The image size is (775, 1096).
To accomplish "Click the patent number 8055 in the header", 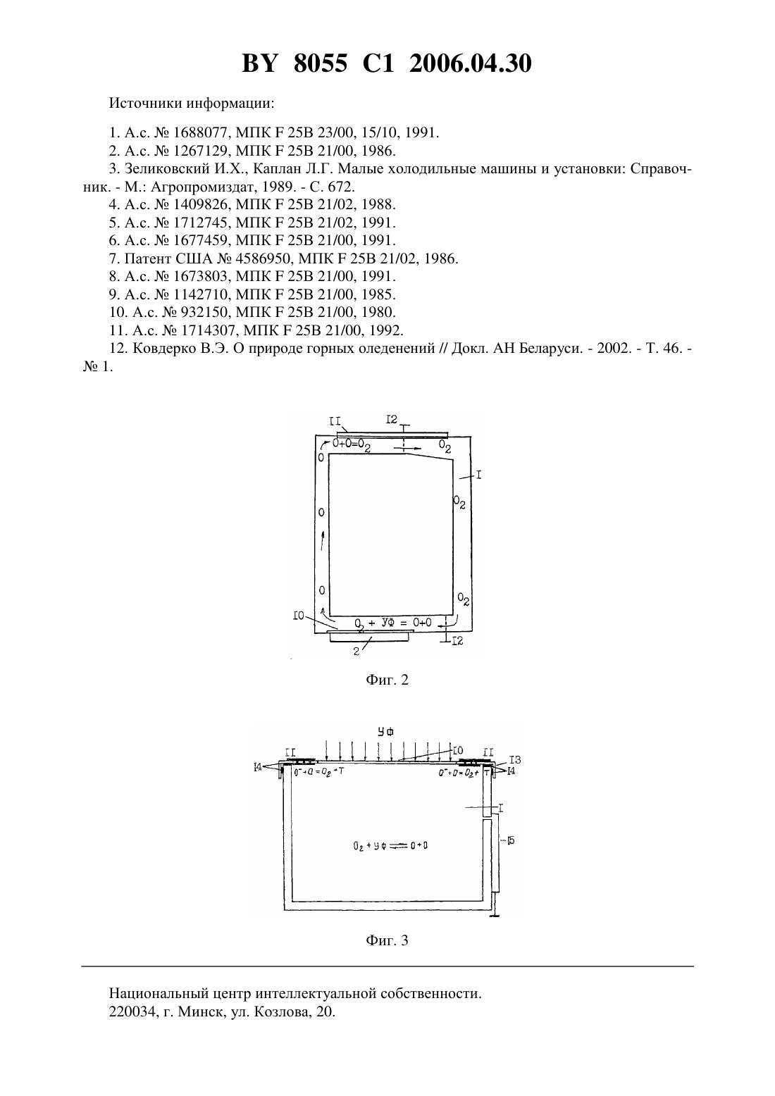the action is tap(321, 63).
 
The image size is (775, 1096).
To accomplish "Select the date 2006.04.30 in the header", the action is tap(470, 63).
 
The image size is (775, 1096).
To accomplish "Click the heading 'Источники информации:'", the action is tap(192, 104).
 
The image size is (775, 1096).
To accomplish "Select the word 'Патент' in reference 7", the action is tap(148, 259).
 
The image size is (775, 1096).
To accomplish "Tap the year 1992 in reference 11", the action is tap(385, 330).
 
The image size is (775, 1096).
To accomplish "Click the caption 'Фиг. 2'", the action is tap(387, 680).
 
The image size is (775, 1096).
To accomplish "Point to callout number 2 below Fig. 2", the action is tap(356, 652).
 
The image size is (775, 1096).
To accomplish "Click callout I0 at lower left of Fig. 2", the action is tap(299, 616).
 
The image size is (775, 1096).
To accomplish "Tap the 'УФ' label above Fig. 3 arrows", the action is tap(385, 731).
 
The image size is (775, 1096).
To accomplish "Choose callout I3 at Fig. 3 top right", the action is tap(515, 760).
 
